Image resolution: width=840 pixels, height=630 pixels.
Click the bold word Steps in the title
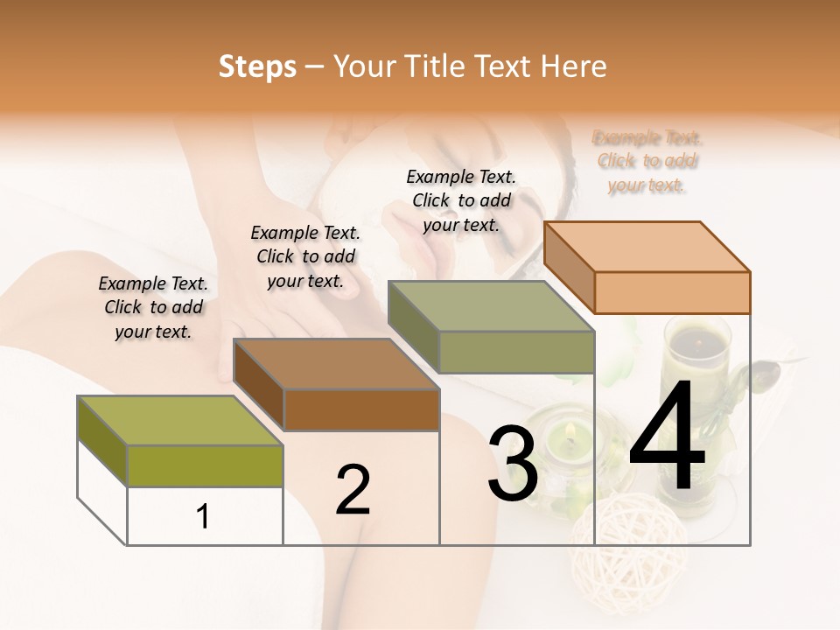pos(257,66)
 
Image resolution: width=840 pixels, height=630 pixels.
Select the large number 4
pos(667,437)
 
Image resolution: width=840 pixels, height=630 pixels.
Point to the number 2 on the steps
pos(353,489)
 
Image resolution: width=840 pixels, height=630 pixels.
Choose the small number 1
pos(203,517)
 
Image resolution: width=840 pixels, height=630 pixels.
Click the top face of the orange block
pos(647,246)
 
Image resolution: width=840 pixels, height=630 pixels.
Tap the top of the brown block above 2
pos(336,363)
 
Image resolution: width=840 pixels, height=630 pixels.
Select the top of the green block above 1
pos(179,420)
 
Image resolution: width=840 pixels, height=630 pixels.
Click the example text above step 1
pos(153,307)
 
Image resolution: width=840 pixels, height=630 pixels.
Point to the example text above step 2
pos(305,256)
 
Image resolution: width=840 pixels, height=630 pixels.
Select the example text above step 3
pos(461,200)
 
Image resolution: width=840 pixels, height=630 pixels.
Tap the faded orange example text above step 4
pos(647,161)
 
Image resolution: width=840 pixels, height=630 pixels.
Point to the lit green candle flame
pos(570,430)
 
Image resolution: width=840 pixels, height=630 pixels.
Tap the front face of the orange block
pos(672,292)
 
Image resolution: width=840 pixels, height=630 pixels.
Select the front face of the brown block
pos(361,409)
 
